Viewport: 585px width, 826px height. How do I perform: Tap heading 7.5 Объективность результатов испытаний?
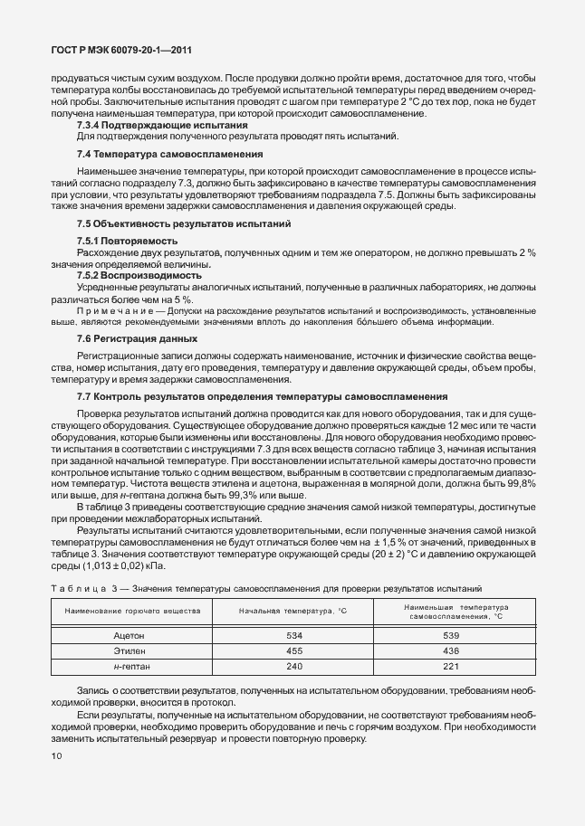[x=185, y=223]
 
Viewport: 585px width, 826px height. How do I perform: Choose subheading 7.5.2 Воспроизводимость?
[x=139, y=274]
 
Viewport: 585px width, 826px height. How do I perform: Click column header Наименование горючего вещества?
[x=132, y=612]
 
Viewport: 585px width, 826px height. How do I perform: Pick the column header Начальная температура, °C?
[x=292, y=612]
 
